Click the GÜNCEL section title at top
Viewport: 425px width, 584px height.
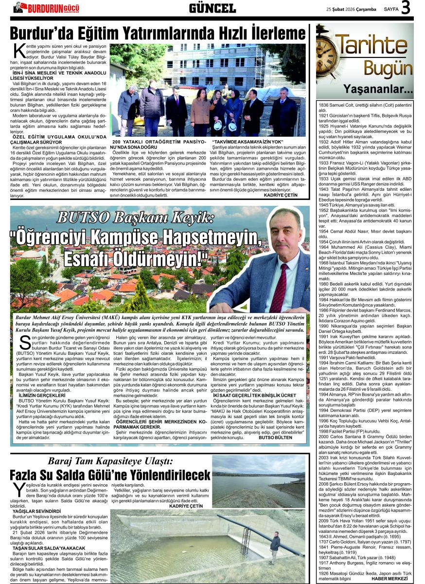[212, 8]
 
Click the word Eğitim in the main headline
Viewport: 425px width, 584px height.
[110, 34]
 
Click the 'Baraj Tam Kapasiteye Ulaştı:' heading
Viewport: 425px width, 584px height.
[109, 461]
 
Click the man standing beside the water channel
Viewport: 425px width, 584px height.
[275, 547]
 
